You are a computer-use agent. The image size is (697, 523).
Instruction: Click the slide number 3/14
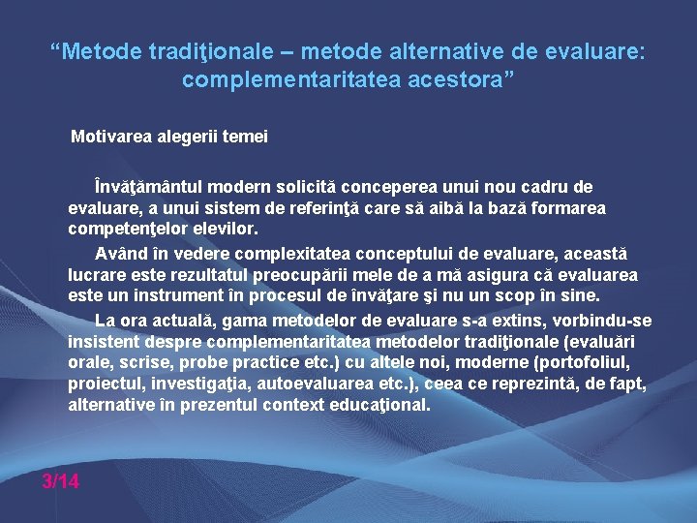click(60, 480)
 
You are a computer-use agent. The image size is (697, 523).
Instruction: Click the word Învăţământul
click(152, 186)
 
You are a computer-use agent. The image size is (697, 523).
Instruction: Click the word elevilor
click(227, 230)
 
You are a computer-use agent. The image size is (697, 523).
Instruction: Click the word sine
click(581, 296)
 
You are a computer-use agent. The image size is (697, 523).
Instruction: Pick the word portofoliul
click(586, 362)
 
